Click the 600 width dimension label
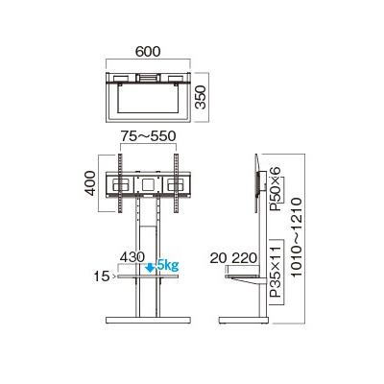click(147, 51)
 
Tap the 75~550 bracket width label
click(147, 136)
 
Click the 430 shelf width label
click(133, 257)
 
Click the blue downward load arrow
click(150, 269)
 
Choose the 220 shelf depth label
click(247, 257)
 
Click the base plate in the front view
click(148, 320)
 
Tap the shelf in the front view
click(148, 276)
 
